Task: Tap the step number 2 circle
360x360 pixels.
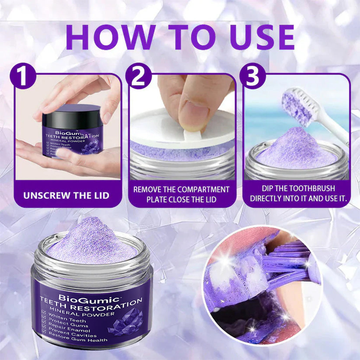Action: [x=139, y=76]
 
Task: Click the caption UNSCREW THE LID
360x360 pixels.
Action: [x=66, y=195]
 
